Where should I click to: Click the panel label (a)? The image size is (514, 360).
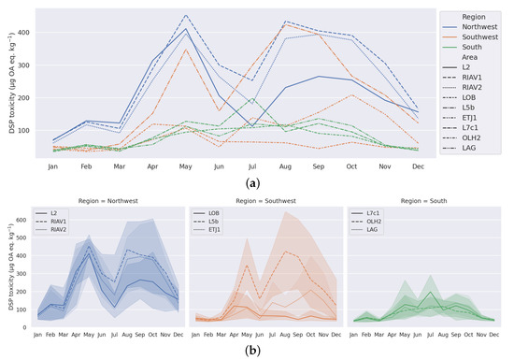tap(257, 186)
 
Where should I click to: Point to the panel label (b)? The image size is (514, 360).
tap(257, 351)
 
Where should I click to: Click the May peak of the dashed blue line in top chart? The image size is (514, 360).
tap(187, 15)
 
